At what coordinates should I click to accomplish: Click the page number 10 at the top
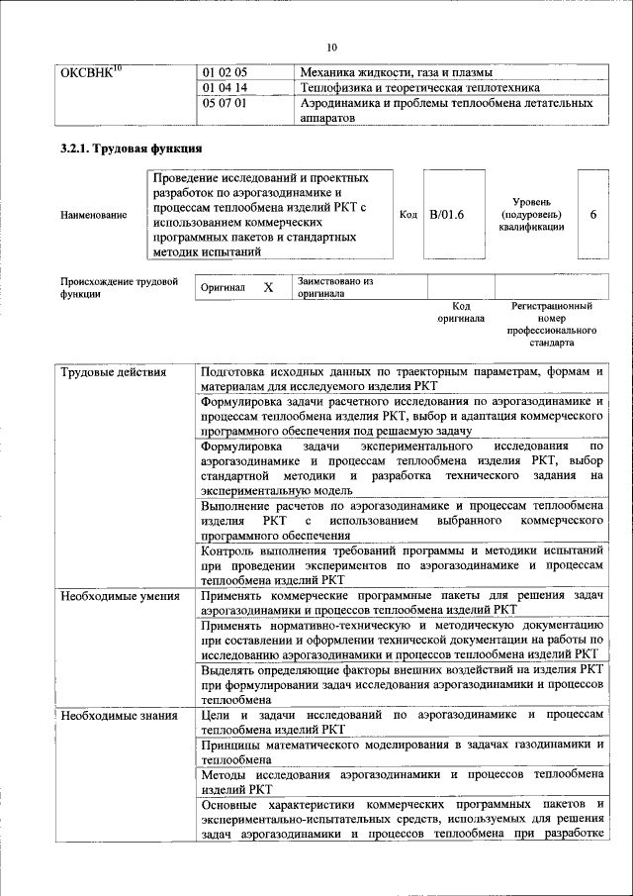pos(331,48)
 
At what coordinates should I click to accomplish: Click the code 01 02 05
pos(225,73)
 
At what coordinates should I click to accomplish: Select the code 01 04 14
pos(225,88)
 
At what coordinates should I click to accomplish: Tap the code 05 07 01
pos(225,103)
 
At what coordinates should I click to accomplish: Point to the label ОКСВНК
pos(91,73)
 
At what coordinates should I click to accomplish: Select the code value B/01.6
pos(447,214)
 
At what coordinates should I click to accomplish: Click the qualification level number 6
pos(592,214)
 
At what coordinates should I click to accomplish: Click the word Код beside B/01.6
pos(408,214)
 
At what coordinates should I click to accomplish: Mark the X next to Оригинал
pos(267,287)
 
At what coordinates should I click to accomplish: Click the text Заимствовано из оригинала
pos(335,287)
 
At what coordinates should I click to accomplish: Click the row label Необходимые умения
pos(120,597)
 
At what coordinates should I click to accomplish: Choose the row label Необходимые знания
pos(119,715)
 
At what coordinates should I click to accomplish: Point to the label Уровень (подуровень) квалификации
pos(531,214)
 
